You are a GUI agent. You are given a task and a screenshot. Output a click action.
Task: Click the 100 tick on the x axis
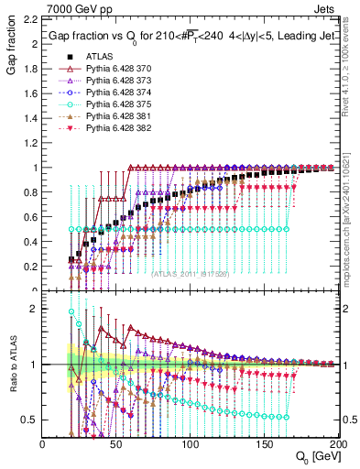(191, 444)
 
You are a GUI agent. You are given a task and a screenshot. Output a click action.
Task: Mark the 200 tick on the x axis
(337, 444)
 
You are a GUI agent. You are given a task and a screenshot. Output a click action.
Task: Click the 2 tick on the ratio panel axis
(34, 309)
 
